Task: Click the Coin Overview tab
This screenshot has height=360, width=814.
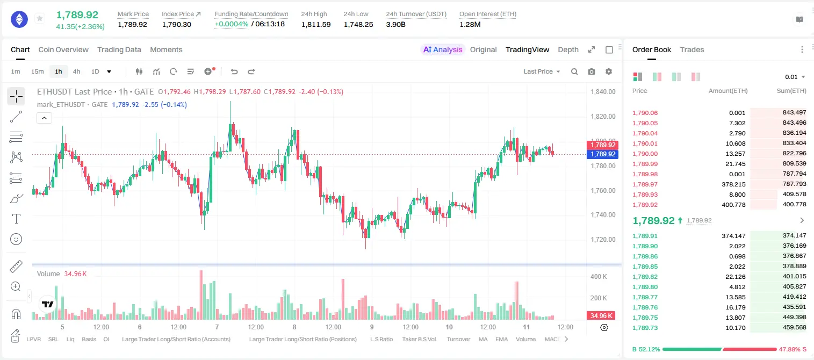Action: [63, 49]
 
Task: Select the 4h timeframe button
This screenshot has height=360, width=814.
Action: [76, 71]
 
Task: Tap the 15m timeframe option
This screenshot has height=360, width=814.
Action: [38, 71]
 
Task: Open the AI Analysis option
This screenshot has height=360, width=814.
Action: [443, 49]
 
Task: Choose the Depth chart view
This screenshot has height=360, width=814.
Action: [568, 49]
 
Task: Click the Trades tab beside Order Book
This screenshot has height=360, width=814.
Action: [692, 49]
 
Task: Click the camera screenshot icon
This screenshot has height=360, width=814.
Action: [592, 71]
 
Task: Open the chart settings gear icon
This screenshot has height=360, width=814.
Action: [609, 71]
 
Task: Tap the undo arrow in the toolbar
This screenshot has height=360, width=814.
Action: [234, 71]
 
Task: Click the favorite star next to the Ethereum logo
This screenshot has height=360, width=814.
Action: [40, 18]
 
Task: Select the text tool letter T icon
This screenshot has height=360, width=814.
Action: [16, 219]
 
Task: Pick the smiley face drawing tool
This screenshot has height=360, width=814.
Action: [16, 239]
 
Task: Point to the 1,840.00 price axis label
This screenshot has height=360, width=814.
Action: [603, 91]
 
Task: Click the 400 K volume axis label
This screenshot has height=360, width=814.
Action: [599, 277]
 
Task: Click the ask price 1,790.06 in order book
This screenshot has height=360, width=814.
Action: [645, 113]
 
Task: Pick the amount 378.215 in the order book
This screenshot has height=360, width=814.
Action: [733, 184]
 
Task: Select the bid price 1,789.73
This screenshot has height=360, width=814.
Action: [645, 328]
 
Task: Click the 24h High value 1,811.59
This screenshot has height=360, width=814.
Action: [316, 24]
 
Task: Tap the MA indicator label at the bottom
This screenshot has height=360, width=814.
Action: [483, 339]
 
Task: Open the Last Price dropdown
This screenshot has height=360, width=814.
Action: [542, 71]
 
